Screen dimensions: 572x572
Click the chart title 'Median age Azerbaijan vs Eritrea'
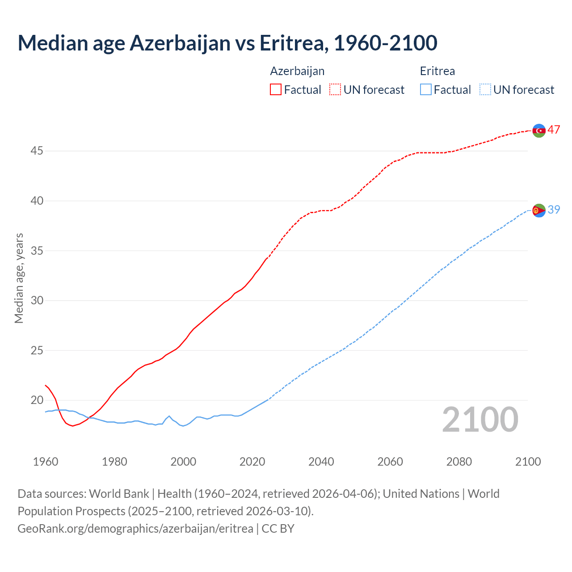click(227, 43)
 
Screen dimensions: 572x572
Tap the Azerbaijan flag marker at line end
click(539, 130)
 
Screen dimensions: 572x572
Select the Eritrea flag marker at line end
click(539, 210)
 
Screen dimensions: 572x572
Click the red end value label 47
click(554, 130)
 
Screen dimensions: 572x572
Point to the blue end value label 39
click(554, 210)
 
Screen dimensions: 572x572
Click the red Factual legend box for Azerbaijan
click(276, 90)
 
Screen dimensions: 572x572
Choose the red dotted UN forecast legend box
click(335, 90)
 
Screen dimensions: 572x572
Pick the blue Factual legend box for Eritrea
click(426, 90)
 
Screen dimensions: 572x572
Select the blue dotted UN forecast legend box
click(485, 90)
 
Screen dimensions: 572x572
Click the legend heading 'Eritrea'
click(437, 71)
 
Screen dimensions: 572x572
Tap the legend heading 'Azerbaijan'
click(297, 71)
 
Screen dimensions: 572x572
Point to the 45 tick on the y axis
click(37, 151)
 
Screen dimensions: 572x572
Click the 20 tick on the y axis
click(37, 400)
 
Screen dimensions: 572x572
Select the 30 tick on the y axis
click(37, 300)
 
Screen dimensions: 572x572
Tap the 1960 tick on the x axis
click(46, 462)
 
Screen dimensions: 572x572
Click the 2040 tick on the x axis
click(321, 462)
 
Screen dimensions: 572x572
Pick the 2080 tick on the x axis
click(459, 462)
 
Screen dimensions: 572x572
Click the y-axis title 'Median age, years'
click(19, 278)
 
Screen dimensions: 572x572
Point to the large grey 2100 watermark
click(480, 420)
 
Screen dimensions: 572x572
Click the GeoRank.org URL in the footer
click(135, 528)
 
